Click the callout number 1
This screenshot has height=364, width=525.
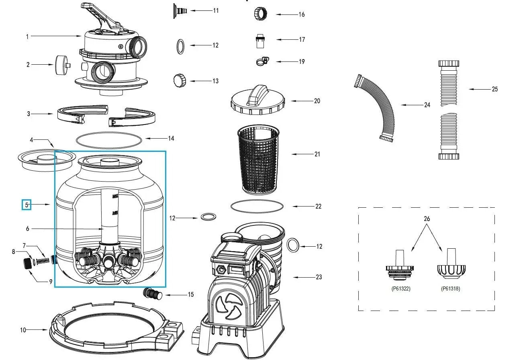(27, 37)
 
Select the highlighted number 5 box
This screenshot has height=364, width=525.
(27, 205)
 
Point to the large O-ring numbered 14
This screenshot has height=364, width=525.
(109, 140)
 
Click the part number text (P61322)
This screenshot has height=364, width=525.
(401, 288)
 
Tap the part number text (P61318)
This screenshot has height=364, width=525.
(450, 288)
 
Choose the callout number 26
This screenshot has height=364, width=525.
(427, 219)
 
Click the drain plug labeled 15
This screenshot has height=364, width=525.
(153, 294)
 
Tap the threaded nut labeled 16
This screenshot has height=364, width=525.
(259, 14)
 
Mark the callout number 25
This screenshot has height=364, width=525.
(494, 89)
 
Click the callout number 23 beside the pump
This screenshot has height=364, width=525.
(319, 277)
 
